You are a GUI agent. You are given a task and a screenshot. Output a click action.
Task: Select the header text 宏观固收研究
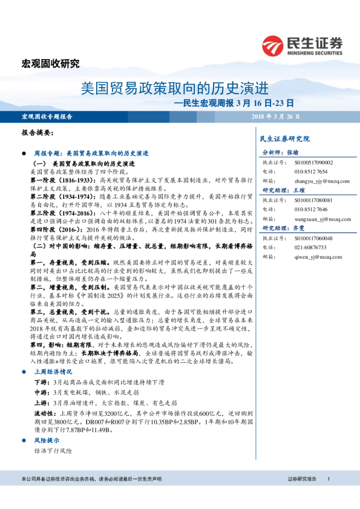[x=50, y=63]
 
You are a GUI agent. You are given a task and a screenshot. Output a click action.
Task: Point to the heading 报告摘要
[x=38, y=132]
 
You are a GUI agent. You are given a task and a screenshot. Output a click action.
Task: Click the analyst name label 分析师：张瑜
[x=280, y=153]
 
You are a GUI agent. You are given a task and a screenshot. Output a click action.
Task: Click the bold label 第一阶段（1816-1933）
[x=64, y=180]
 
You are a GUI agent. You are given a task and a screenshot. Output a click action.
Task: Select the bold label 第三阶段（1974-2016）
[x=64, y=213]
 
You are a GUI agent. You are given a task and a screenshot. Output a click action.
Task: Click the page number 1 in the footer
[x=328, y=479]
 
